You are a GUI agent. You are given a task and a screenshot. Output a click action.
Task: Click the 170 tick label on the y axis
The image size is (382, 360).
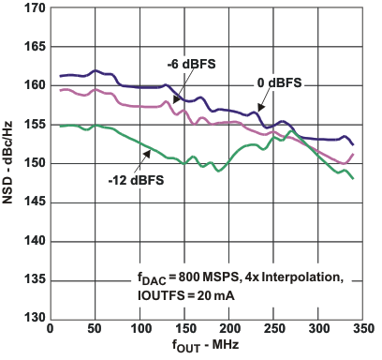[x=31, y=8]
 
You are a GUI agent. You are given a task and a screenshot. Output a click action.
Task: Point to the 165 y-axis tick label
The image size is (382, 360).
[x=31, y=47]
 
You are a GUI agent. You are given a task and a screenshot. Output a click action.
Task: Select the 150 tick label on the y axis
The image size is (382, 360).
[x=31, y=163]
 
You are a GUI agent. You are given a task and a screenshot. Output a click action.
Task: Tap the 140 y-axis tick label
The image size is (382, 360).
[x=31, y=241]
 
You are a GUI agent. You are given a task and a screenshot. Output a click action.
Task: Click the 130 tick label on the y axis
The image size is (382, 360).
[x=31, y=318]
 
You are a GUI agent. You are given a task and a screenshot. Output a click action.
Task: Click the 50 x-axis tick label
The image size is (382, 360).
[x=95, y=330]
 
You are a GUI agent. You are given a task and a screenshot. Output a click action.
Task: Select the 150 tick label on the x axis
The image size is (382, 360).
[x=184, y=330]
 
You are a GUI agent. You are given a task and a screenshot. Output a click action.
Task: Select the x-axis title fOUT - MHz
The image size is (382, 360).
[x=208, y=347]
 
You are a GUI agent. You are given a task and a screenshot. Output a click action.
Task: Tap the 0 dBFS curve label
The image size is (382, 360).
[x=281, y=83]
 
